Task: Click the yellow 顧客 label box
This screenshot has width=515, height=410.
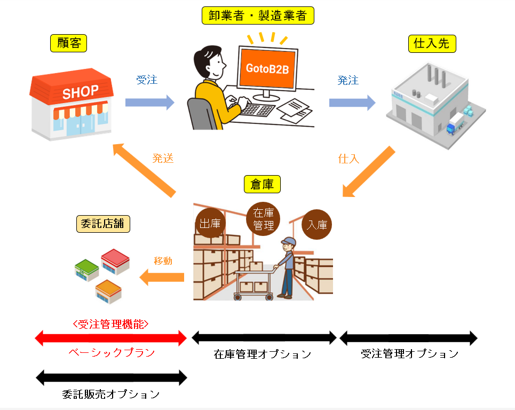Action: (68, 43)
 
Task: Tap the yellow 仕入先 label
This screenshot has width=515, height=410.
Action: (431, 43)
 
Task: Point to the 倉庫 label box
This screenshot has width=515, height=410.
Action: (262, 184)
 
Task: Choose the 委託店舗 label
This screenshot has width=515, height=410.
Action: (104, 224)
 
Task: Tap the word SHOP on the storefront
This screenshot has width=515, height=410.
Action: (81, 92)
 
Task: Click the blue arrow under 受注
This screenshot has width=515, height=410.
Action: (149, 102)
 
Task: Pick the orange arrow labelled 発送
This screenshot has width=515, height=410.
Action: (145, 169)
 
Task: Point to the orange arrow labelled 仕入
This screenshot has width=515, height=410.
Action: (369, 172)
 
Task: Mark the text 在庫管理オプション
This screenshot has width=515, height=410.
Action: (262, 354)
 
